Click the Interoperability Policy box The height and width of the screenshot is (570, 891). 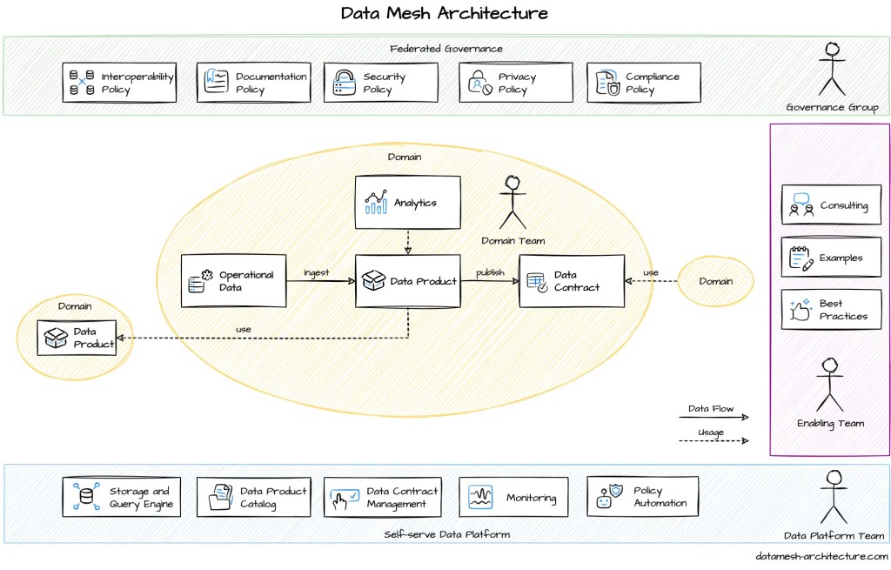tap(121, 83)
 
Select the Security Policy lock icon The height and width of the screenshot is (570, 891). tap(345, 83)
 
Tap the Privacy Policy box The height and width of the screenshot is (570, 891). tap(516, 83)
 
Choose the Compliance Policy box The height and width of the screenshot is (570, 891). tap(643, 83)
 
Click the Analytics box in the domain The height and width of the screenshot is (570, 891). tap(407, 203)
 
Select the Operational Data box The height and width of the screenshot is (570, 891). tap(233, 281)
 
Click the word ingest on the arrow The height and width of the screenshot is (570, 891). tap(317, 272)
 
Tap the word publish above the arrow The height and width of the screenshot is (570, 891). tap(490, 272)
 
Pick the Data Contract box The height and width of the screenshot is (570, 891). tap(572, 281)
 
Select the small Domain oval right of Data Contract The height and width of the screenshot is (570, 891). tap(715, 281)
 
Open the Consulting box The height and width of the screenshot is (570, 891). tap(831, 206)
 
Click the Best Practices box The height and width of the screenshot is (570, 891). tap(831, 310)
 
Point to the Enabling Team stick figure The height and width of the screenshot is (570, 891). tap(830, 385)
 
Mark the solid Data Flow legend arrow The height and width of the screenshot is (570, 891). tap(713, 418)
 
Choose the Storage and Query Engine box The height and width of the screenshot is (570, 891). tap(121, 497)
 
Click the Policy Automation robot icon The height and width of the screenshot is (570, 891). tap(604, 497)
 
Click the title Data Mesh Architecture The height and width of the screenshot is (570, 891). tap(445, 14)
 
